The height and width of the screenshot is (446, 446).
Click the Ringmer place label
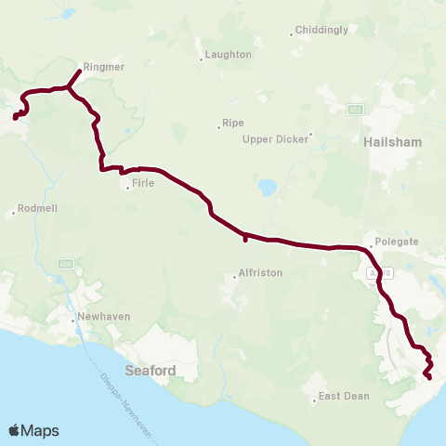pos(103,67)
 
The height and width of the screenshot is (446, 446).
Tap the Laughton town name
pos(228,55)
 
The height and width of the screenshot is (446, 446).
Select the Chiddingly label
pos(322,30)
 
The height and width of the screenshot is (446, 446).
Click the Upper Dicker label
pos(275,139)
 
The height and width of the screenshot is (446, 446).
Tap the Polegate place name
pos(397,241)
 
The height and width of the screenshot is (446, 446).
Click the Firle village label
pos(143,184)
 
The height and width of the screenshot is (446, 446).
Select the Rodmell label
pos(37,208)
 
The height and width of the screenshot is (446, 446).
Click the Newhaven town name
pos(104,316)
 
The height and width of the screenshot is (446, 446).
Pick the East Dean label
pos(344,396)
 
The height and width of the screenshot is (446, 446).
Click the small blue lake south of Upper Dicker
pos(269,188)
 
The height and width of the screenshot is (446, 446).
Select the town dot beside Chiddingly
pos(291,34)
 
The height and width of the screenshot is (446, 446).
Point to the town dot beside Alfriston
pos(235,276)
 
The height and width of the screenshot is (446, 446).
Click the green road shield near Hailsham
pos(355,110)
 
